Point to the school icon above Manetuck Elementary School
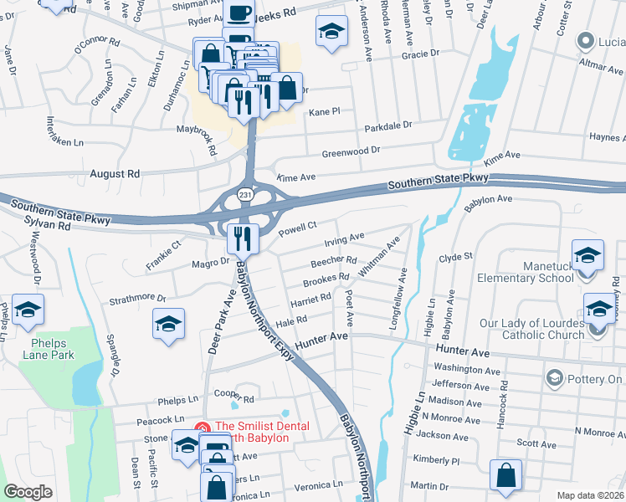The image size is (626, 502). tap(588, 254)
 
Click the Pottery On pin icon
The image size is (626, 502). tap(553, 379)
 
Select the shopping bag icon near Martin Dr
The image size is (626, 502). tap(505, 475)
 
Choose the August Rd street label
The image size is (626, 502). tap(116, 174)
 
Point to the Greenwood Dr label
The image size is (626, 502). tap(351, 152)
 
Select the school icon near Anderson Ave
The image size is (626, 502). tap(331, 32)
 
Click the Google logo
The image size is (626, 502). tap(28, 492)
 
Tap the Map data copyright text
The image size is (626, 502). tap(590, 495)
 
